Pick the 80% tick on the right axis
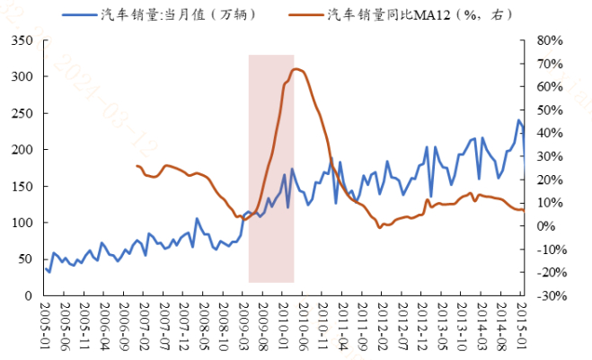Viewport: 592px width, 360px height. coord(549,40)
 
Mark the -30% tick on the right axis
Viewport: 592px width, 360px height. coord(549,295)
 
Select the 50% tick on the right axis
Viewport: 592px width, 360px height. coord(549,110)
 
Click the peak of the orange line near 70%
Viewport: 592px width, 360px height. coord(297,69)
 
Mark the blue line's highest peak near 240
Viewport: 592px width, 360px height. coord(518,120)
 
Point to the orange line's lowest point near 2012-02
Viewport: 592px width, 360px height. coord(379,227)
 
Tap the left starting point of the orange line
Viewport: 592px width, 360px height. coord(137,166)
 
